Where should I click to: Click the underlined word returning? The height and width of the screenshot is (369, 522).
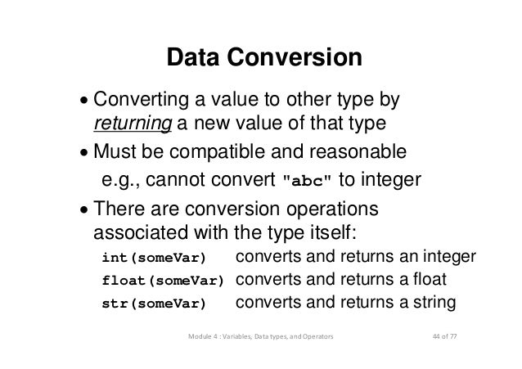(132, 124)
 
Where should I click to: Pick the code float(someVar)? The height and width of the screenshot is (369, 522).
(162, 282)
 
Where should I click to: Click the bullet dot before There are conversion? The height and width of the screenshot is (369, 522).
(86, 208)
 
